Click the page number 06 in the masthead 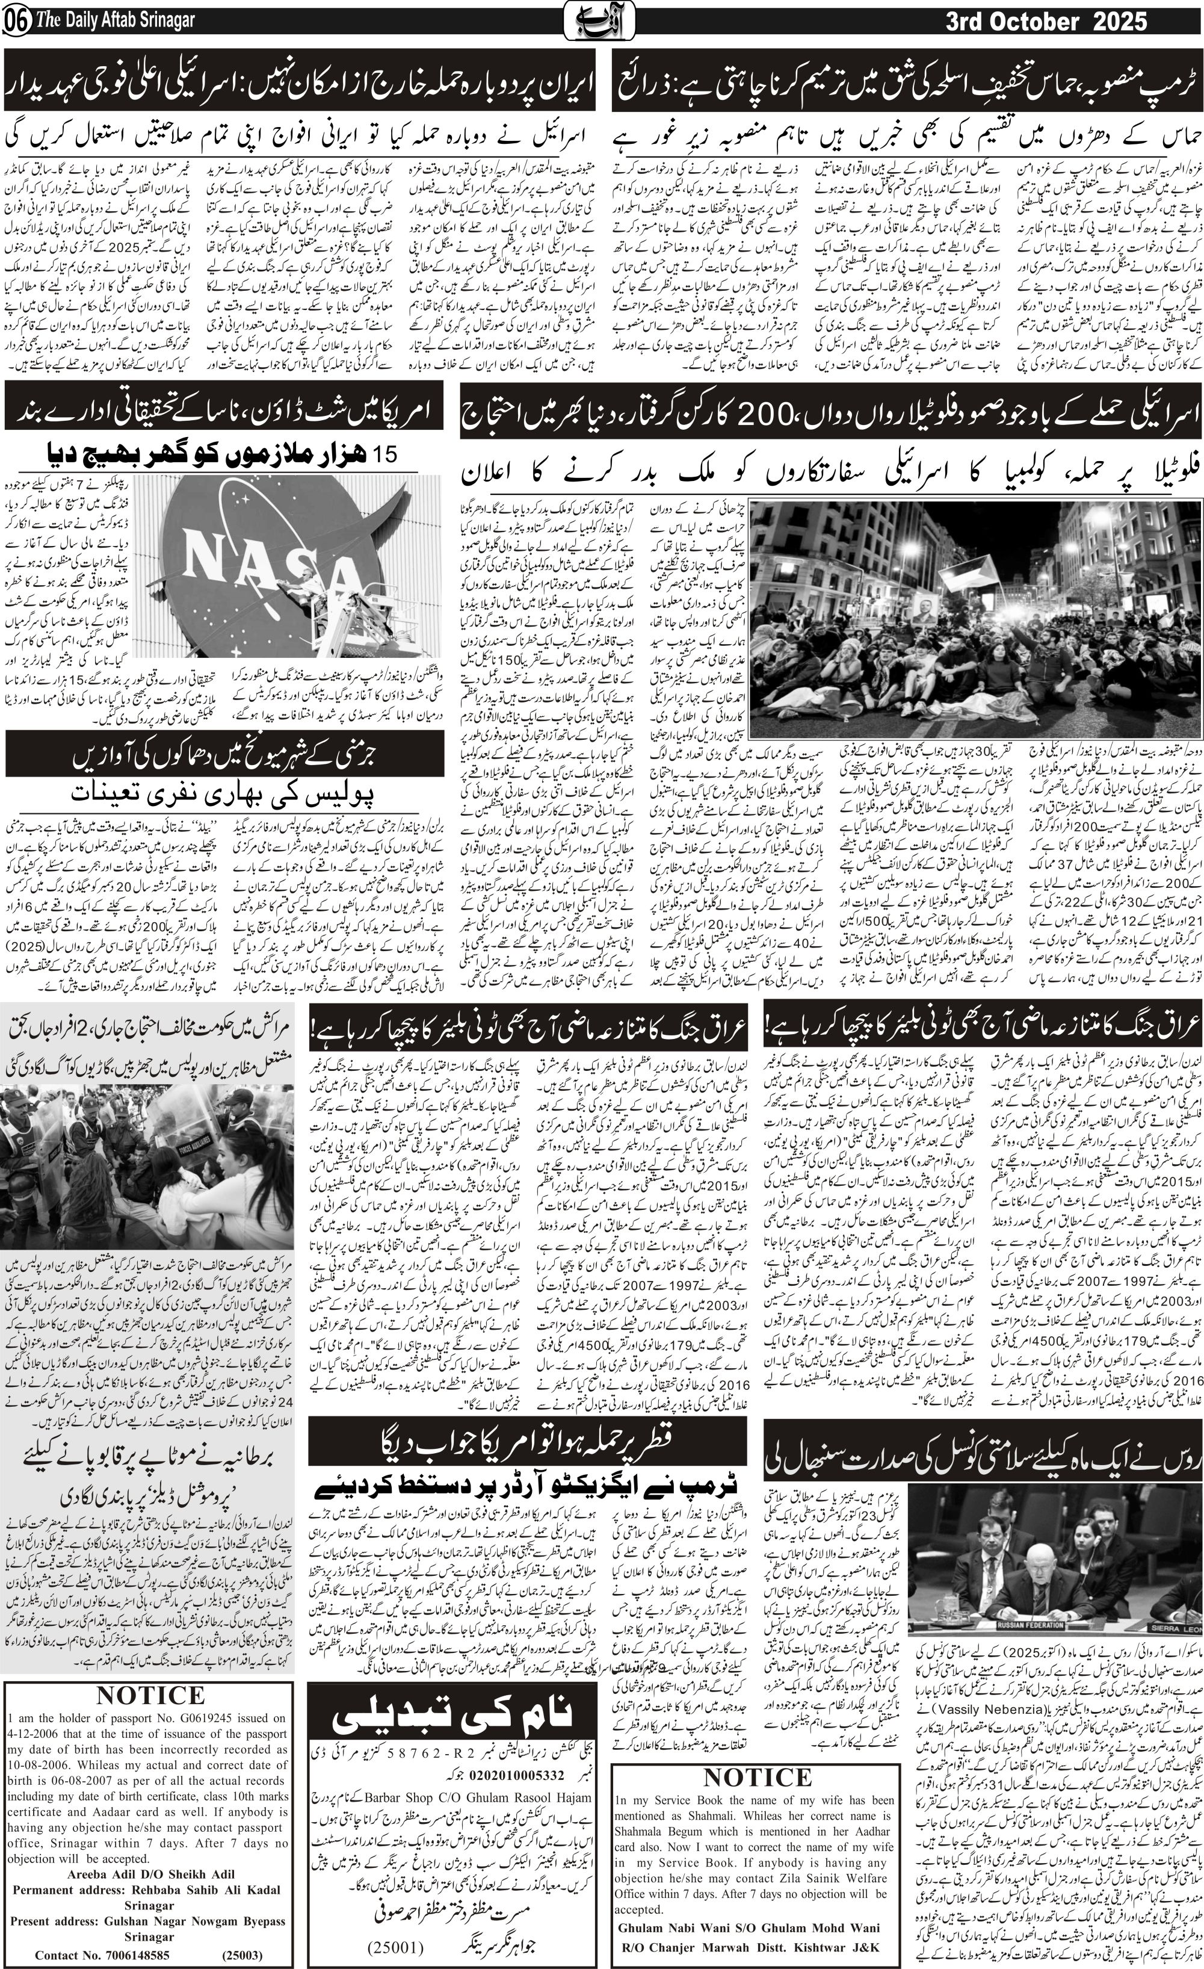[14, 21]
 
